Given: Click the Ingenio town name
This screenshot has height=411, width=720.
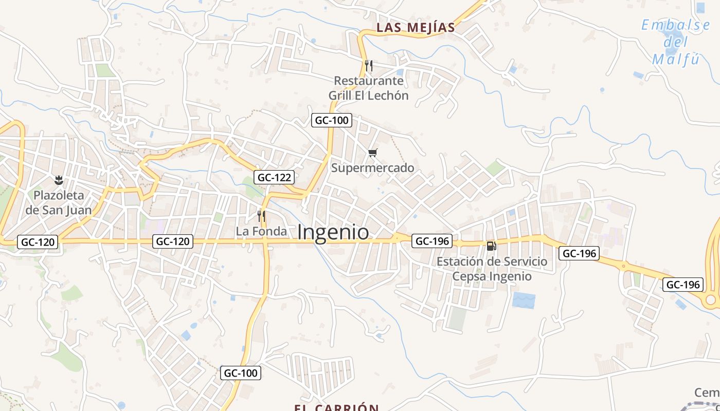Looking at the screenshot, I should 333,232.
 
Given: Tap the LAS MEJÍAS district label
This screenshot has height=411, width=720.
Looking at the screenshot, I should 416,27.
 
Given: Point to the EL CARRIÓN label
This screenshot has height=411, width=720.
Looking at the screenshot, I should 336,408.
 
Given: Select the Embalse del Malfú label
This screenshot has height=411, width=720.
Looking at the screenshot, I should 676,42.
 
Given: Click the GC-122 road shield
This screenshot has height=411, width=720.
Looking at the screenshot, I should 275,178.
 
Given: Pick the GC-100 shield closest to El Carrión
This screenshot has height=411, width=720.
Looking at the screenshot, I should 241,373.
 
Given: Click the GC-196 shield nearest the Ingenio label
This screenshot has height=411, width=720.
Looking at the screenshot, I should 432,241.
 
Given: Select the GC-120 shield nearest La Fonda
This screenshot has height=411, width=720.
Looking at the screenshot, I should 173,241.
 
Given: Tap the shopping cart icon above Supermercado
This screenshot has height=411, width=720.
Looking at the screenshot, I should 373,153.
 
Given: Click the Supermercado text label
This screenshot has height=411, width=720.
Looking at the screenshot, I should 372,168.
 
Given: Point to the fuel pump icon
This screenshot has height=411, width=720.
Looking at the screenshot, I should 491,246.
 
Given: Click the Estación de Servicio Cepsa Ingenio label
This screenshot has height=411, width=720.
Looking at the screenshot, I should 492,269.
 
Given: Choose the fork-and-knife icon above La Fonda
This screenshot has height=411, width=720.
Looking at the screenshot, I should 261,216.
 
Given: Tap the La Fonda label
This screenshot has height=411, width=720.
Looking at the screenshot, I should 261,232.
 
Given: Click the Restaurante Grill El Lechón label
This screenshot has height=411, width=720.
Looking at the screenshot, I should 368,88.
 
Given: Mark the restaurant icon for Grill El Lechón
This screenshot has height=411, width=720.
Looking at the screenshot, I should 368,66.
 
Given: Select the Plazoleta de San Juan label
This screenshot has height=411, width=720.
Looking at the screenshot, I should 59,202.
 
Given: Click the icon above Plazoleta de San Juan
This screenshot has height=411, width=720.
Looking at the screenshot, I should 59,180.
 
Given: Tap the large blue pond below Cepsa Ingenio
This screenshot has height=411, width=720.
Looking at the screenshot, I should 524,300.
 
